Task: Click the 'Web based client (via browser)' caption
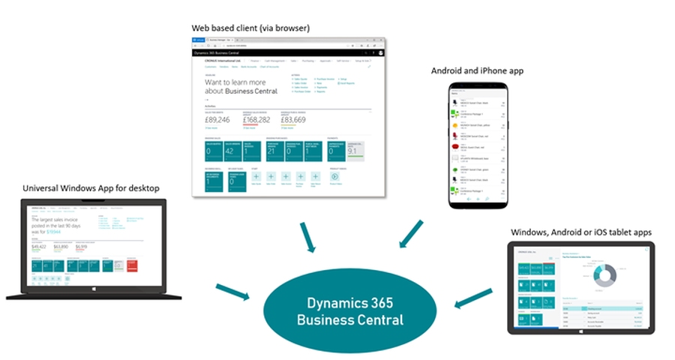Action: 251,28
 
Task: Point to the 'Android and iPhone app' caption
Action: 477,70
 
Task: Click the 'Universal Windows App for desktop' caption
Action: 91,187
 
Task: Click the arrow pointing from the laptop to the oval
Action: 233,292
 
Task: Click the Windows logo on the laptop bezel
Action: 94,289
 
